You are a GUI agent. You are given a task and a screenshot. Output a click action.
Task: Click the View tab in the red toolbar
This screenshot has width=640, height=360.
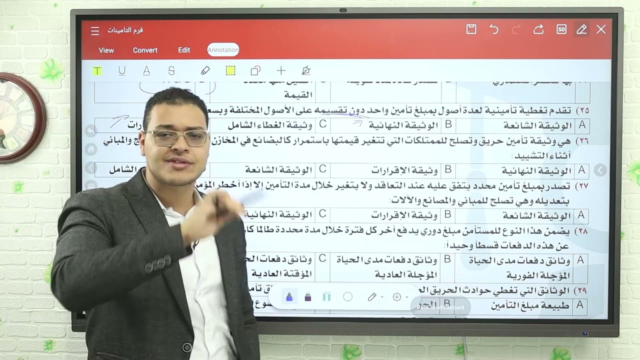tap(106, 50)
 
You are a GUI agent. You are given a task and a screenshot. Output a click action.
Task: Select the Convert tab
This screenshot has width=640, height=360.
tap(145, 50)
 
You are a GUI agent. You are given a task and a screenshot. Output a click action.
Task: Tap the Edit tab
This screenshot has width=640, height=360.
tap(184, 50)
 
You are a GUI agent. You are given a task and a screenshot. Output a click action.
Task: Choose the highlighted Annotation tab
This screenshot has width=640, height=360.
tap(223, 50)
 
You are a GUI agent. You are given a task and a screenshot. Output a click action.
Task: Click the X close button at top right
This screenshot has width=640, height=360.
tap(601, 29)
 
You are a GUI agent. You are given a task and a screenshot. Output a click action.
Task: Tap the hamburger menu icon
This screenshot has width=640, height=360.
tap(95, 31)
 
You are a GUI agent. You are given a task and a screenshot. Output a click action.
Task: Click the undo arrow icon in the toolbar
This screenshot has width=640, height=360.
tap(494, 29)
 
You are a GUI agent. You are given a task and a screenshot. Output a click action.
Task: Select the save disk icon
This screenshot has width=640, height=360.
tap(471, 29)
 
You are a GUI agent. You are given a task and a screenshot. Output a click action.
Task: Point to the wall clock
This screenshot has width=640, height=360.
tap(20, 118)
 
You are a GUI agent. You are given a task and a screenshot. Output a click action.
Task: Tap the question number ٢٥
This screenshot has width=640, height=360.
tap(582, 110)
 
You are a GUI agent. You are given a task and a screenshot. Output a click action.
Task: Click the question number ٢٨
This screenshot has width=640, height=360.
tap(582, 231)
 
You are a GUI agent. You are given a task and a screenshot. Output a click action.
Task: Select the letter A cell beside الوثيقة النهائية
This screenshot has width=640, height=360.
tap(581, 170)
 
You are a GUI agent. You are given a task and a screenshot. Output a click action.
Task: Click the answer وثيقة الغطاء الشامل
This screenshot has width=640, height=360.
tap(270, 125)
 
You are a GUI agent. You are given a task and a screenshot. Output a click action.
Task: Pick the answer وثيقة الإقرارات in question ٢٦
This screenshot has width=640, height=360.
tap(404, 170)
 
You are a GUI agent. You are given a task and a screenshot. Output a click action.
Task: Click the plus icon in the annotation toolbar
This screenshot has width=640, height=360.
tap(281, 71)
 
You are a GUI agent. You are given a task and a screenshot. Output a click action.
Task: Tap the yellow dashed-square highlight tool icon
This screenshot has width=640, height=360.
tap(230, 71)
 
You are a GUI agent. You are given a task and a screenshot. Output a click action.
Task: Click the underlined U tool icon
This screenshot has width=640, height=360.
tap(121, 71)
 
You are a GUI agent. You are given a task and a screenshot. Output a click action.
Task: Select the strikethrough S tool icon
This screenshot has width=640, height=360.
tap(171, 71)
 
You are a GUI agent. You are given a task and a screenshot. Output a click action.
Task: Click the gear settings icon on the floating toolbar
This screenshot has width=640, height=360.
tap(397, 297)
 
